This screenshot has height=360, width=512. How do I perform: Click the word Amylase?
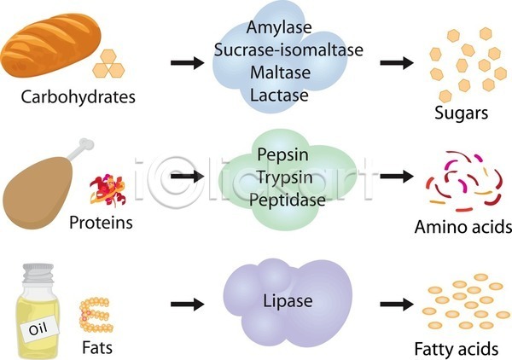coord(279,27)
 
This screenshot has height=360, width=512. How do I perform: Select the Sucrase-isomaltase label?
coord(288,49)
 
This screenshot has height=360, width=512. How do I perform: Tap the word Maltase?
coord(280,73)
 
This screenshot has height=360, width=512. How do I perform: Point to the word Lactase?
coord(279,95)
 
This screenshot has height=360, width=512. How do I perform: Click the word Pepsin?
coord(282,155)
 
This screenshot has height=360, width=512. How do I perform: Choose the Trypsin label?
coord(284,178)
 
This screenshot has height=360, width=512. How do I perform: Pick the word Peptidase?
coord(288,200)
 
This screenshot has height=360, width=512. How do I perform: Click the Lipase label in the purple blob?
coord(288,301)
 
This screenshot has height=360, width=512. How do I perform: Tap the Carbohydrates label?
coord(78,97)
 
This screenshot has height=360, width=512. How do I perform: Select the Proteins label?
coord(101,223)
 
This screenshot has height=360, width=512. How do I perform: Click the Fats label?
coord(97,347)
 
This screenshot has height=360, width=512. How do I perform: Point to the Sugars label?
coord(461,113)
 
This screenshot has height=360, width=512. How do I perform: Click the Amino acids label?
coord(463,227)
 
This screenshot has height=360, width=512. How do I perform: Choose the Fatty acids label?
coord(457,349)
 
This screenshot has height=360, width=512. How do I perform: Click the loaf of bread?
coord(50,45)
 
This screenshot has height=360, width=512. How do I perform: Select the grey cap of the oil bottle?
coord(38,273)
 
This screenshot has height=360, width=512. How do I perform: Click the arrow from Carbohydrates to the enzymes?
coord(188,62)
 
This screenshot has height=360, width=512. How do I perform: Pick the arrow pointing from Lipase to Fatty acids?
coord(397,305)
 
